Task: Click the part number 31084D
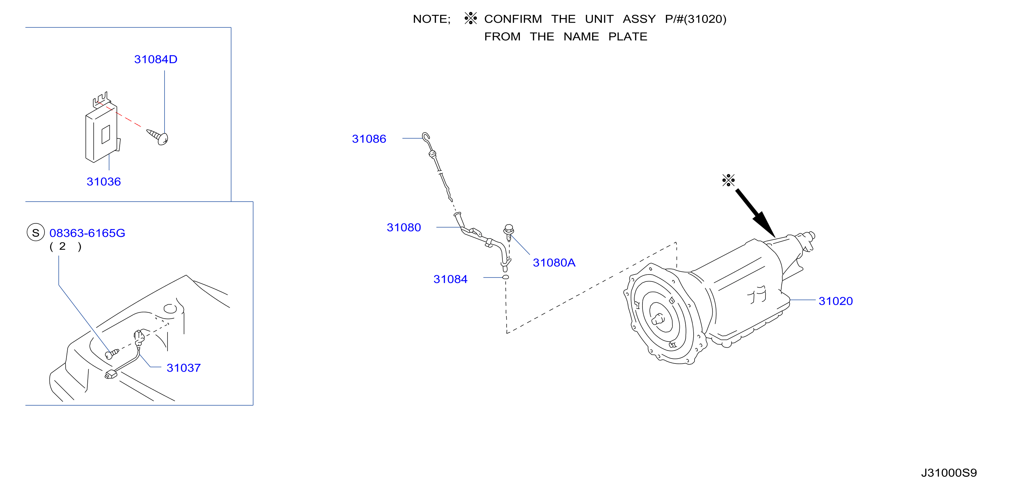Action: coord(156,59)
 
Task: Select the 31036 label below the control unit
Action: coord(104,182)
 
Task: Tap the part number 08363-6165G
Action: coord(87,233)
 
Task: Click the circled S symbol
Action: coord(36,232)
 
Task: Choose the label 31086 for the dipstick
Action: coord(369,139)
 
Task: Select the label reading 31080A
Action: coord(554,263)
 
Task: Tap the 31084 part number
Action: coord(450,279)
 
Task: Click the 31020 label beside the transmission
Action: coord(836,301)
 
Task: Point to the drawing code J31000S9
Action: coord(949,473)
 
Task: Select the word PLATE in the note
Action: coord(628,37)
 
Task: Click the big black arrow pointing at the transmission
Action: coord(755,213)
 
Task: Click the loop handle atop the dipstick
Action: coord(426,137)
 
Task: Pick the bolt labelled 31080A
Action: coord(508,232)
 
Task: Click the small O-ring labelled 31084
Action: coord(506,277)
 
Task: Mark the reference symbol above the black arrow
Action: coord(729,180)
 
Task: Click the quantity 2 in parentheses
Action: coord(62,246)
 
